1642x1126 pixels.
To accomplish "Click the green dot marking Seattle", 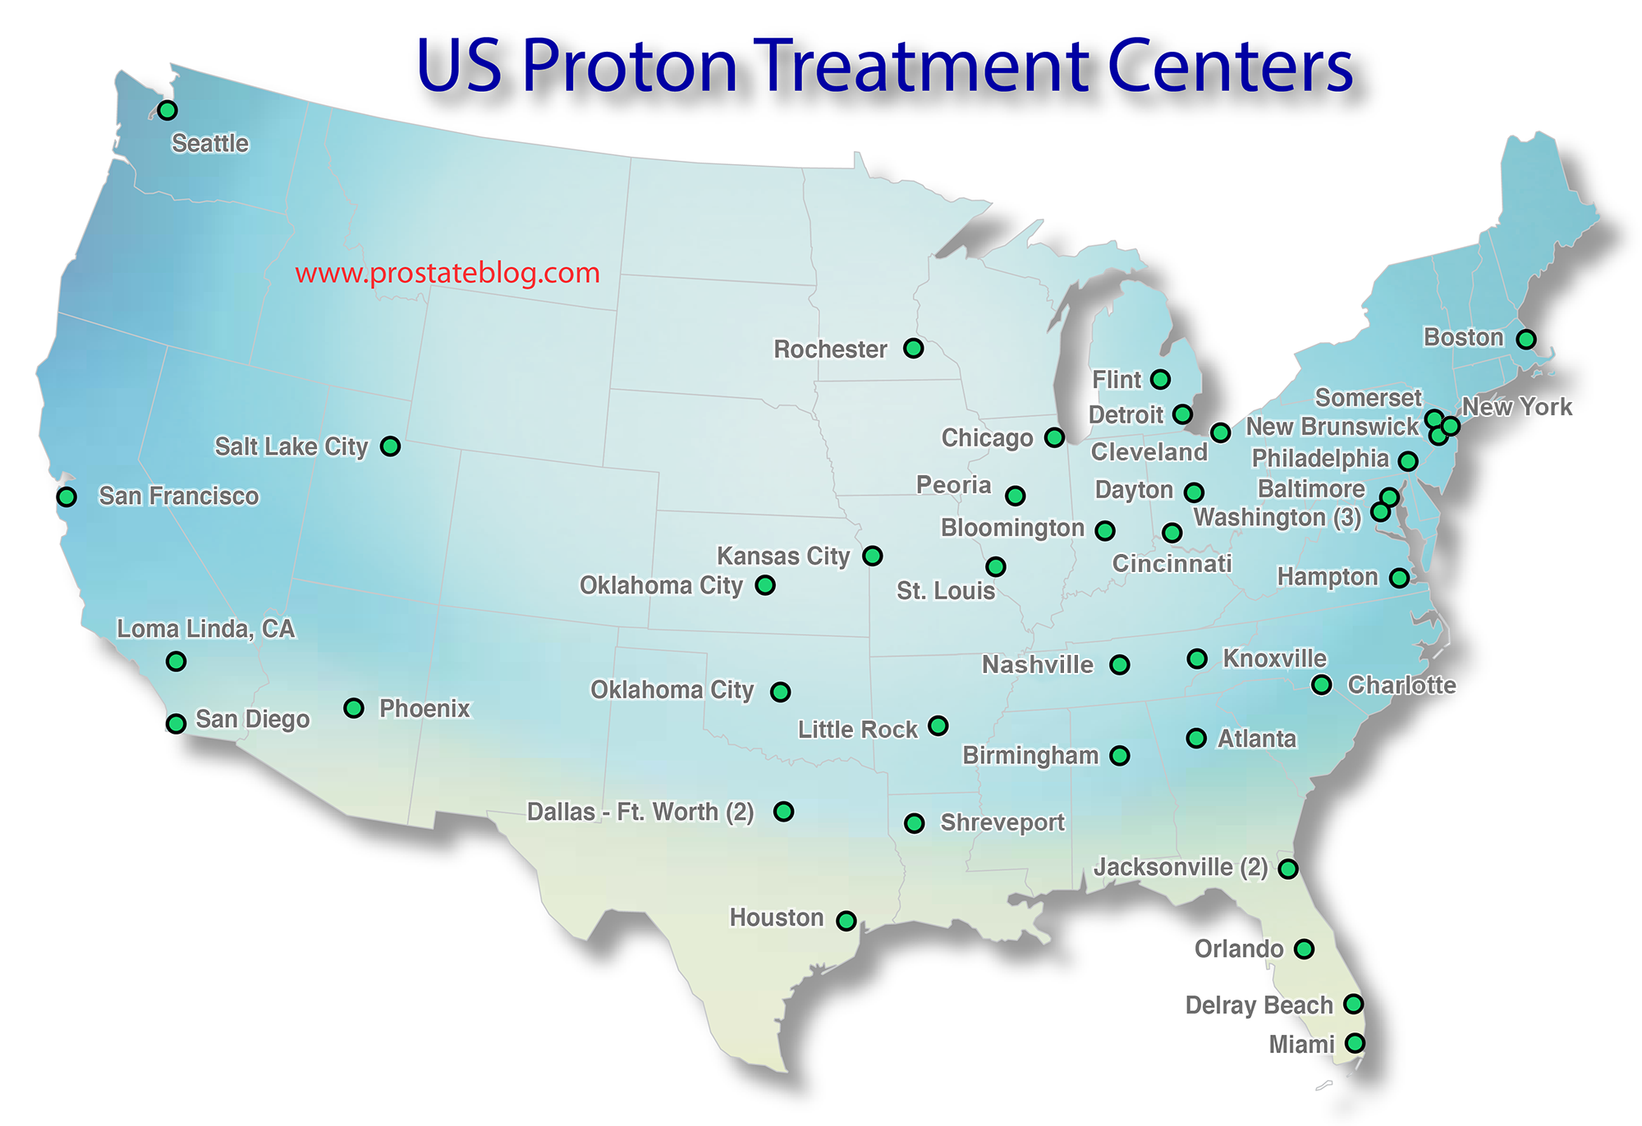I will [x=167, y=110].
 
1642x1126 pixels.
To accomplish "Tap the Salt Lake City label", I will [x=291, y=446].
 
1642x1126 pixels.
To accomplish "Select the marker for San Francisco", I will [x=67, y=497].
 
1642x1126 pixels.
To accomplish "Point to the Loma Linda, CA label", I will [x=205, y=629].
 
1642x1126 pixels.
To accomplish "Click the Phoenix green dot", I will [x=354, y=707].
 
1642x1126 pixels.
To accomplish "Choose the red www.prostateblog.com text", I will [x=447, y=272].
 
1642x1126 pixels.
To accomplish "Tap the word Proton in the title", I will [x=630, y=66].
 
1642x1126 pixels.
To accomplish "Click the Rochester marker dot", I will [x=913, y=348].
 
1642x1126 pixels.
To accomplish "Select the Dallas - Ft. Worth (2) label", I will [x=640, y=812].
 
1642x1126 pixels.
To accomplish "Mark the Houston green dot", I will [x=846, y=921].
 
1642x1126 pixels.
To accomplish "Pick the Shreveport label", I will [x=1002, y=822].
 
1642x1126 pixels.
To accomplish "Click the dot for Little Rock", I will [x=938, y=725].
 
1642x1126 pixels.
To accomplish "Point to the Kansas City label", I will [x=783, y=556].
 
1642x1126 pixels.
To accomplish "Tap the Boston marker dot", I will [x=1525, y=339].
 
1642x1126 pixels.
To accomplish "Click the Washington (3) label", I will [x=1277, y=517].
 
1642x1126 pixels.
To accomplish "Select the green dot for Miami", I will [x=1355, y=1043].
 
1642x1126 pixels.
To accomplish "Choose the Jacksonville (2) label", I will [x=1181, y=867].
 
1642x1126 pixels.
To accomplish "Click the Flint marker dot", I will [x=1160, y=379].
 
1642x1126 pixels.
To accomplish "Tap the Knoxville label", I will [x=1274, y=658].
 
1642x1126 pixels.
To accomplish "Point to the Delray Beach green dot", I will [x=1353, y=1004].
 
